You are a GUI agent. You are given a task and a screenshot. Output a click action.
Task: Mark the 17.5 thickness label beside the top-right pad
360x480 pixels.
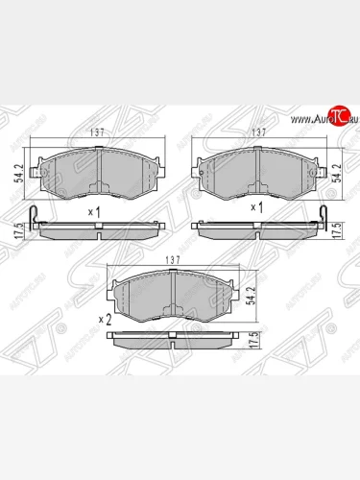(335, 231)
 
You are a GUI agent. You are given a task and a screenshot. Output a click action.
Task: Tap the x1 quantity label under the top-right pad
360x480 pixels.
(256, 207)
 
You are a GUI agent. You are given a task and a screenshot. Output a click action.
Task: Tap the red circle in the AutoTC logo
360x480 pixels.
(337, 117)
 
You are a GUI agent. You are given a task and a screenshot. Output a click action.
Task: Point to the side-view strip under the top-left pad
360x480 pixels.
(97, 230)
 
